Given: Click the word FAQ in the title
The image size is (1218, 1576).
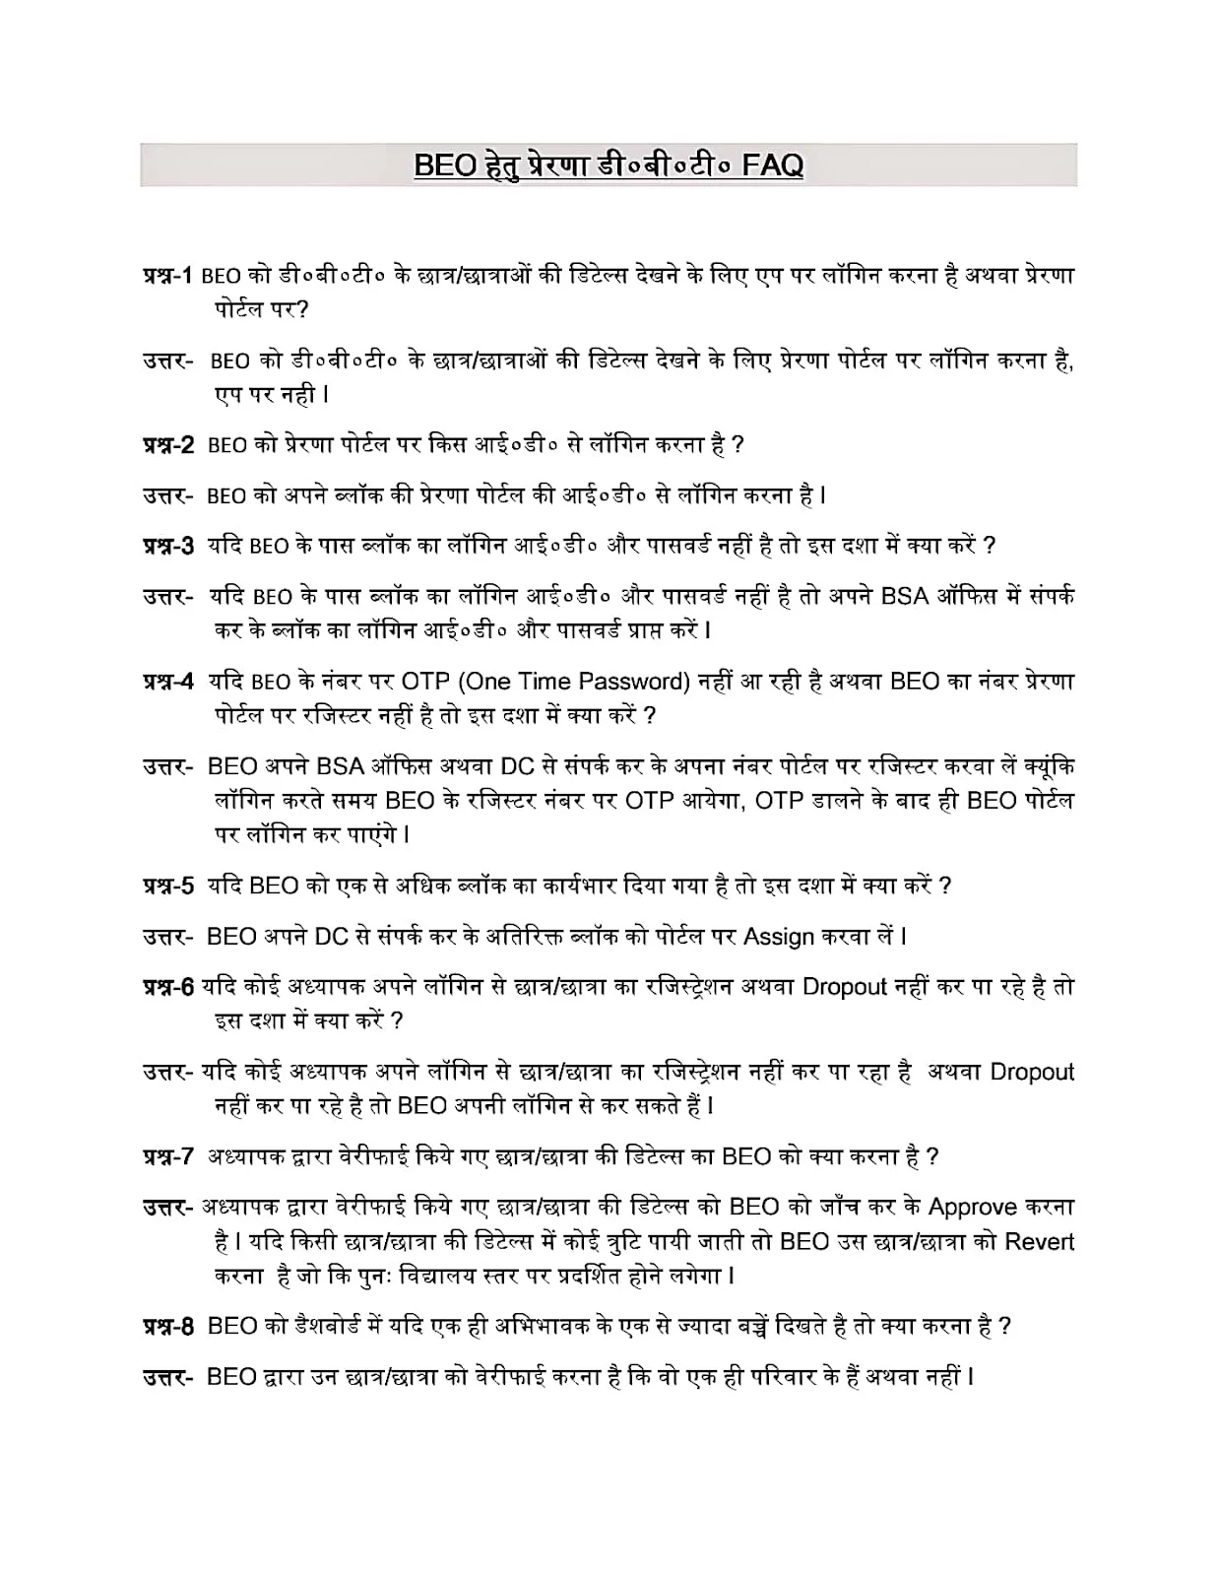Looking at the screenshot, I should [x=772, y=164].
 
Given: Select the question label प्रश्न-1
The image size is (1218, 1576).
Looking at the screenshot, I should [x=169, y=276].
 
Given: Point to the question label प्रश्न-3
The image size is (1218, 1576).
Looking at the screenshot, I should [x=169, y=546].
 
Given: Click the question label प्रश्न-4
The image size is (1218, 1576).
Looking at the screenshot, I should [x=169, y=681].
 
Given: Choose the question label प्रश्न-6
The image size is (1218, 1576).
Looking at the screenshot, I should [x=169, y=986].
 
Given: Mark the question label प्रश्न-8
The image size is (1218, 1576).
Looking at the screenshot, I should [x=169, y=1326].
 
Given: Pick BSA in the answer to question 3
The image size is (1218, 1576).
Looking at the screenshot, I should [x=904, y=596].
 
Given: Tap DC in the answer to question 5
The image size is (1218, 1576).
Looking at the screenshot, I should [x=332, y=936].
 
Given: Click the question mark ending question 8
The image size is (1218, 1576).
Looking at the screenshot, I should [x=1004, y=1327].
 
